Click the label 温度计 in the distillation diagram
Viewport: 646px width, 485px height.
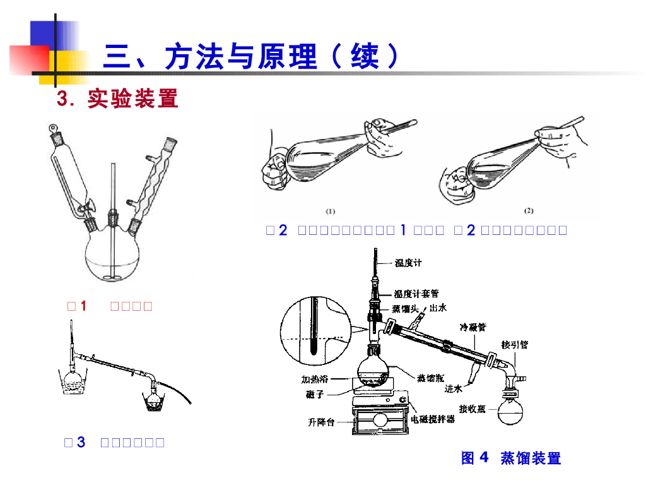409,263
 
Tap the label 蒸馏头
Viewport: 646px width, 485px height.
405,309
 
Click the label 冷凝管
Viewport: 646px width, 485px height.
473,327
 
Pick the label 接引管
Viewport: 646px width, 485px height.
514,345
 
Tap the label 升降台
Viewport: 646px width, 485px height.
321,422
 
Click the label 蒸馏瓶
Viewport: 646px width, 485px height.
430,378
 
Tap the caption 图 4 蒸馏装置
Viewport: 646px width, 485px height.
511,458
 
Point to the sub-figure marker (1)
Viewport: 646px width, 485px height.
331,211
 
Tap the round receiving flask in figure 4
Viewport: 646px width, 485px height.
512,409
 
